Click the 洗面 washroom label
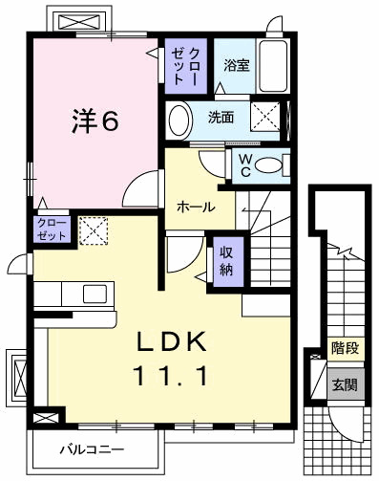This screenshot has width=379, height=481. (221, 119)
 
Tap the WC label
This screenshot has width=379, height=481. (244, 164)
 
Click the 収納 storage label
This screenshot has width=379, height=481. (226, 260)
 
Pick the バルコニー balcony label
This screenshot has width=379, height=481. (92, 448)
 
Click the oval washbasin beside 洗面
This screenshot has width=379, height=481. (179, 120)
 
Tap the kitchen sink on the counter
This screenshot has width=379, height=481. (95, 292)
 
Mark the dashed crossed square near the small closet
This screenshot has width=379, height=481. (93, 230)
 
